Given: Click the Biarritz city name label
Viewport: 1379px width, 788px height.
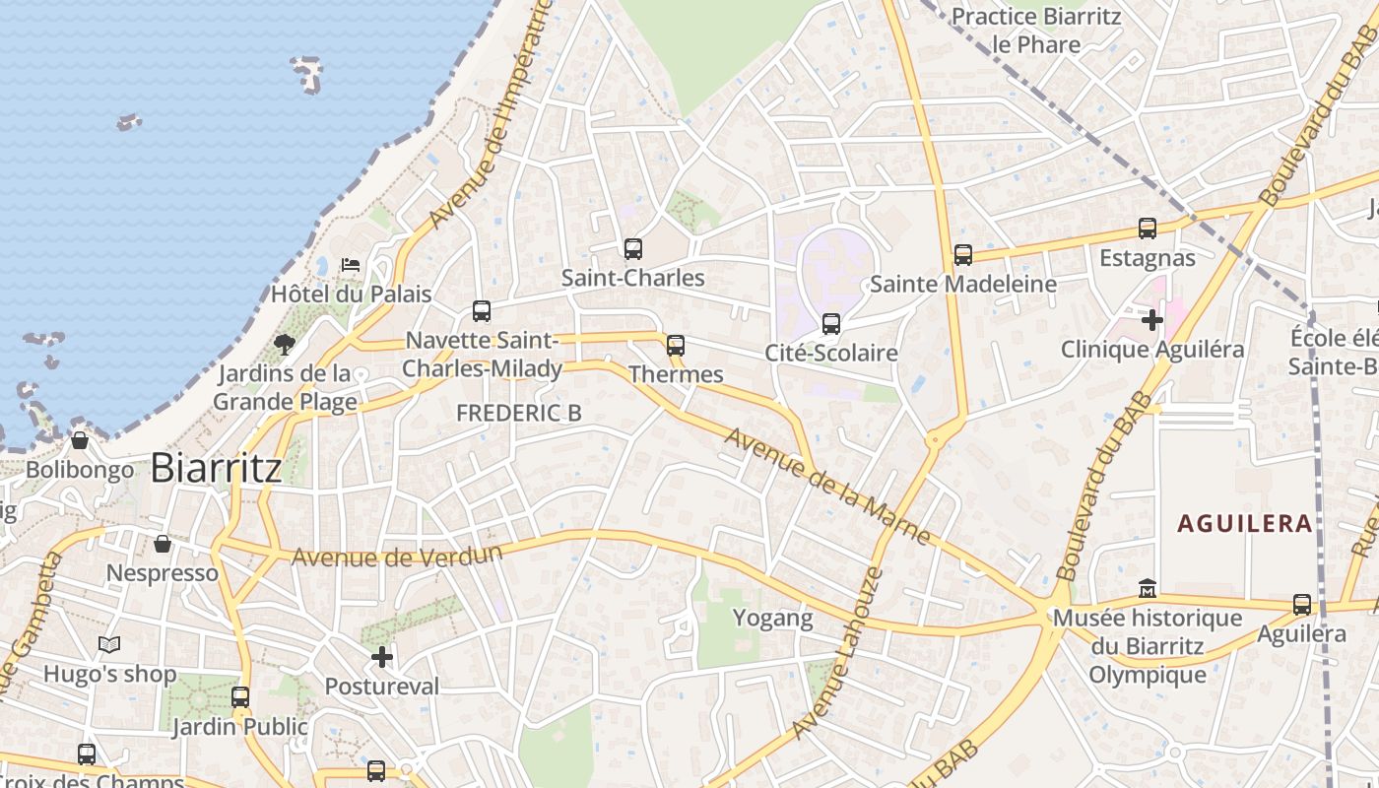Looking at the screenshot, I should point(216,468).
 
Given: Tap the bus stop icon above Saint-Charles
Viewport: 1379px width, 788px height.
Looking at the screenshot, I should point(632,249).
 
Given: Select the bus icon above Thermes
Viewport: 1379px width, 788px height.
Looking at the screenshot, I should point(675,346).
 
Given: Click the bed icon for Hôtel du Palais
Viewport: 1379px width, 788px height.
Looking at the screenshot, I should point(350,264).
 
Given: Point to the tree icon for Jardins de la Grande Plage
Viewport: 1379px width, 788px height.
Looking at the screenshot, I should point(285,344).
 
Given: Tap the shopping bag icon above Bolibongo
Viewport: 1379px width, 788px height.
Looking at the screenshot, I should point(80,440).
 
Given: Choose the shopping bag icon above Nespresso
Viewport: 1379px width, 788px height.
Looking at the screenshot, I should point(163,544).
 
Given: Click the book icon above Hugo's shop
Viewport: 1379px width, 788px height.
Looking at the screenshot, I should point(109,645).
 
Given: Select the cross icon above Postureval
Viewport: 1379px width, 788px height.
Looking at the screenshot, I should point(382,657).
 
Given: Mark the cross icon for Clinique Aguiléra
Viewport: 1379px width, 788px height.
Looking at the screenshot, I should point(1151,320).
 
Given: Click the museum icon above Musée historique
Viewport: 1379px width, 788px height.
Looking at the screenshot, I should point(1147,589).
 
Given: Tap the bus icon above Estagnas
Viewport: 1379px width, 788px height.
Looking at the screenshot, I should point(1147,229).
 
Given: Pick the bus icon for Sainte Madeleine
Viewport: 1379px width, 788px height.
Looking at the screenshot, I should point(962,255).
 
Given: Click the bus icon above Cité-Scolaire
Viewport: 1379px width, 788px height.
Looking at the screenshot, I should point(830,324).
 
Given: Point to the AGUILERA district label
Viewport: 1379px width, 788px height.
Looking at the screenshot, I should point(1245,523).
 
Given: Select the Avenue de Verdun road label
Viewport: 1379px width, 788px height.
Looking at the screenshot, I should point(396,555).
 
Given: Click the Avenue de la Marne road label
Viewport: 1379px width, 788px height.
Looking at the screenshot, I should point(827,486).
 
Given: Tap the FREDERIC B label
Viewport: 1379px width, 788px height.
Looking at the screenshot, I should point(519,414).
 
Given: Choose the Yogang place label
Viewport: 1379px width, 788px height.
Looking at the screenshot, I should point(773,619).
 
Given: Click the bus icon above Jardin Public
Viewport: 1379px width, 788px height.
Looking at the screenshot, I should point(239,697).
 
